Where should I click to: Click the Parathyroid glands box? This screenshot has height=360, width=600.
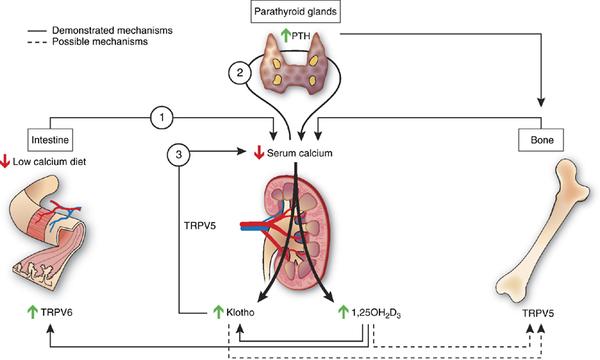coord(295,11)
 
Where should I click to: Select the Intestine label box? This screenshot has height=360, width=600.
coord(50,140)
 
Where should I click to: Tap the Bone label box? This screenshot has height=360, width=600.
coord(541,140)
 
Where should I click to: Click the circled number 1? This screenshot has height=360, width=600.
coord(162,117)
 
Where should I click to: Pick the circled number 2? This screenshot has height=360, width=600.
coord(240,72)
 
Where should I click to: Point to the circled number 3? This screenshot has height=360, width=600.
coord(179,155)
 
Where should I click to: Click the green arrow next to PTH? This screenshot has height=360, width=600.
coord(285,36)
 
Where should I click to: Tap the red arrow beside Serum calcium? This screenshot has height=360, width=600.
coord(259,153)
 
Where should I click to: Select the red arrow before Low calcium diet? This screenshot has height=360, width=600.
coord(5,161)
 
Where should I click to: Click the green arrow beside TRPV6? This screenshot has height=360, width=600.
coord(33,312)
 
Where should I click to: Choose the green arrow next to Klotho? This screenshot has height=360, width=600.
coord(218,312)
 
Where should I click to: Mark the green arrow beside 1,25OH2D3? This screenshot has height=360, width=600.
coord(343,312)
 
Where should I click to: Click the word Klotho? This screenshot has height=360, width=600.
coord(240,313)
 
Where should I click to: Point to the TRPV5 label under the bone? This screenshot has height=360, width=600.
coord(538,313)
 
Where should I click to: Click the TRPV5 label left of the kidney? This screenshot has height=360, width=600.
coord(200,226)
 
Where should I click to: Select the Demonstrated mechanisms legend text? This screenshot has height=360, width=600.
coord(112,30)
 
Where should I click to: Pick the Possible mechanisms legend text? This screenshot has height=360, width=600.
coord(100,41)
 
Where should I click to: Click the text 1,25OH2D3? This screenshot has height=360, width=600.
coord(376,313)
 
